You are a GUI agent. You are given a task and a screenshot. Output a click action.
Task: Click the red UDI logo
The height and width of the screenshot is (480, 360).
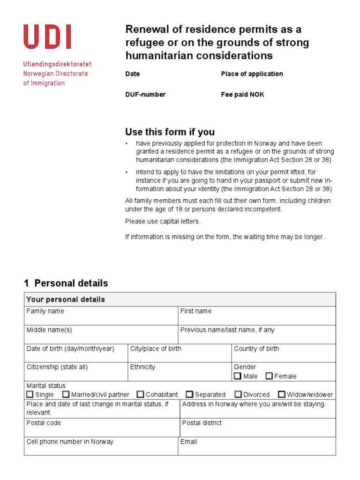tap(47, 37)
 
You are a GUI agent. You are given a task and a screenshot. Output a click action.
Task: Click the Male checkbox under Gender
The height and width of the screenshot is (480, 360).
tap(238, 376)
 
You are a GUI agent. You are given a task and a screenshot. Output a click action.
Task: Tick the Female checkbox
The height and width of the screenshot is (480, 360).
tap(269, 376)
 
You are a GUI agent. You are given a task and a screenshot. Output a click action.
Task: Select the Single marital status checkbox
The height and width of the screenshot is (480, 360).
tap(30, 394)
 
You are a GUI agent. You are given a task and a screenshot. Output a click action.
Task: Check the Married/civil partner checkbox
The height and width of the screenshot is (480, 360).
tap(66, 394)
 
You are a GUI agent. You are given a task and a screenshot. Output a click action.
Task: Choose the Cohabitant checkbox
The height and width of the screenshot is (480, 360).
tap(140, 394)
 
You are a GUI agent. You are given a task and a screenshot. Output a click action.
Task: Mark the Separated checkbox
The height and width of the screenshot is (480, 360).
tap(189, 394)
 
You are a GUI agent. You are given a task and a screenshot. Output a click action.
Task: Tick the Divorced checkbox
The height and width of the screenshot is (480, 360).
tap(238, 394)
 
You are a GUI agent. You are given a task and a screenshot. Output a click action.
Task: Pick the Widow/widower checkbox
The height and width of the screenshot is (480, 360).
tap(281, 394)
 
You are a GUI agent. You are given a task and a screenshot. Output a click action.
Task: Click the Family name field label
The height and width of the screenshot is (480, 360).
tap(45, 311)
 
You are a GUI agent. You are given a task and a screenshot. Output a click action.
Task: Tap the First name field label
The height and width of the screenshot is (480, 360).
tap(196, 311)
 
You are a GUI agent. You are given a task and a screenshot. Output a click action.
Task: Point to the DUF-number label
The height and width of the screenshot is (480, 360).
tap(145, 95)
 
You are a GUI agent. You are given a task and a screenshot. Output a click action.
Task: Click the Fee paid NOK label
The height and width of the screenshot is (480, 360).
tap(242, 95)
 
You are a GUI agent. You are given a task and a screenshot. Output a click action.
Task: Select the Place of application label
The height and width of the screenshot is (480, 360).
tap(252, 74)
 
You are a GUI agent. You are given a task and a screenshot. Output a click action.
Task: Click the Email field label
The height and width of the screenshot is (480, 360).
tap(188, 442)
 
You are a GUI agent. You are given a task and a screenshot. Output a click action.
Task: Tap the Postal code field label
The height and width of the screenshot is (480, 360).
tap(44, 423)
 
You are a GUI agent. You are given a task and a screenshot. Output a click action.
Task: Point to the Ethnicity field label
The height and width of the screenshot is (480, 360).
tap(142, 367)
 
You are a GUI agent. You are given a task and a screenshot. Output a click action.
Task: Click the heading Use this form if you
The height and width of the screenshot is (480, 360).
tap(170, 132)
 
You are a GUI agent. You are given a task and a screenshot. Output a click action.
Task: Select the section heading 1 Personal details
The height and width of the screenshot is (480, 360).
tap(66, 283)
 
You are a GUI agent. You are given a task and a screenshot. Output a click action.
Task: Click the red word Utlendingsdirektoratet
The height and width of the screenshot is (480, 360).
tap(57, 64)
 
